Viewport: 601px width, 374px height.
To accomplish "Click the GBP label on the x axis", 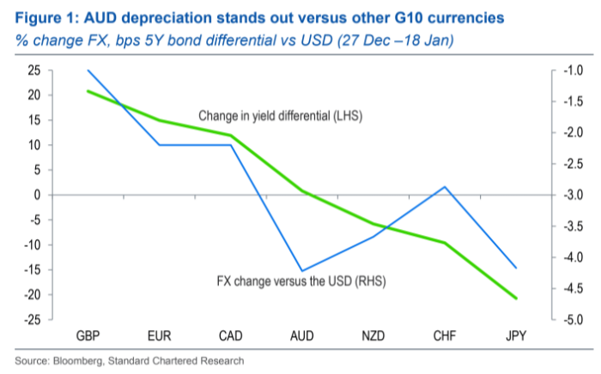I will [88, 335].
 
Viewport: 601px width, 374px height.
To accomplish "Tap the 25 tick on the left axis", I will [34, 70].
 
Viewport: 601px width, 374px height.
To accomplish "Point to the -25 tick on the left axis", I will [33, 320].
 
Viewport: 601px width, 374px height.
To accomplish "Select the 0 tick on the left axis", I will [38, 195].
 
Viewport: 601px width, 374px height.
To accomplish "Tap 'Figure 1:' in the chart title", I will [43, 17].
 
